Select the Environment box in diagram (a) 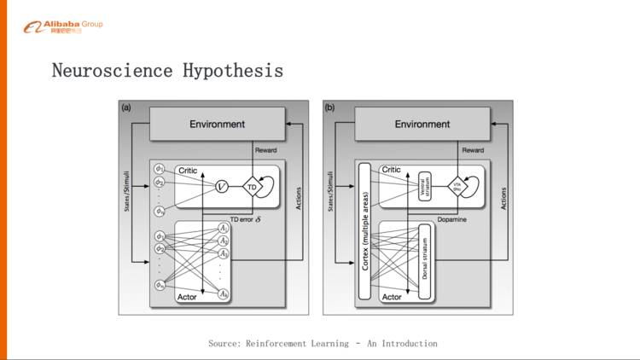(x=217, y=125)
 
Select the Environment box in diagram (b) (x=422, y=125)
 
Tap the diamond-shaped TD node (x=251, y=186)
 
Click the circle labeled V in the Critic (x=221, y=186)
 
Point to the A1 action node (x=223, y=229)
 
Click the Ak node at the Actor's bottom (x=223, y=293)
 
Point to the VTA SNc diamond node (x=457, y=186)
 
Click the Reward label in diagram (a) (x=266, y=150)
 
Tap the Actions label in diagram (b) (x=505, y=198)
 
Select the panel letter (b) (x=330, y=107)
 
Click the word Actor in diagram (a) (x=187, y=297)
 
